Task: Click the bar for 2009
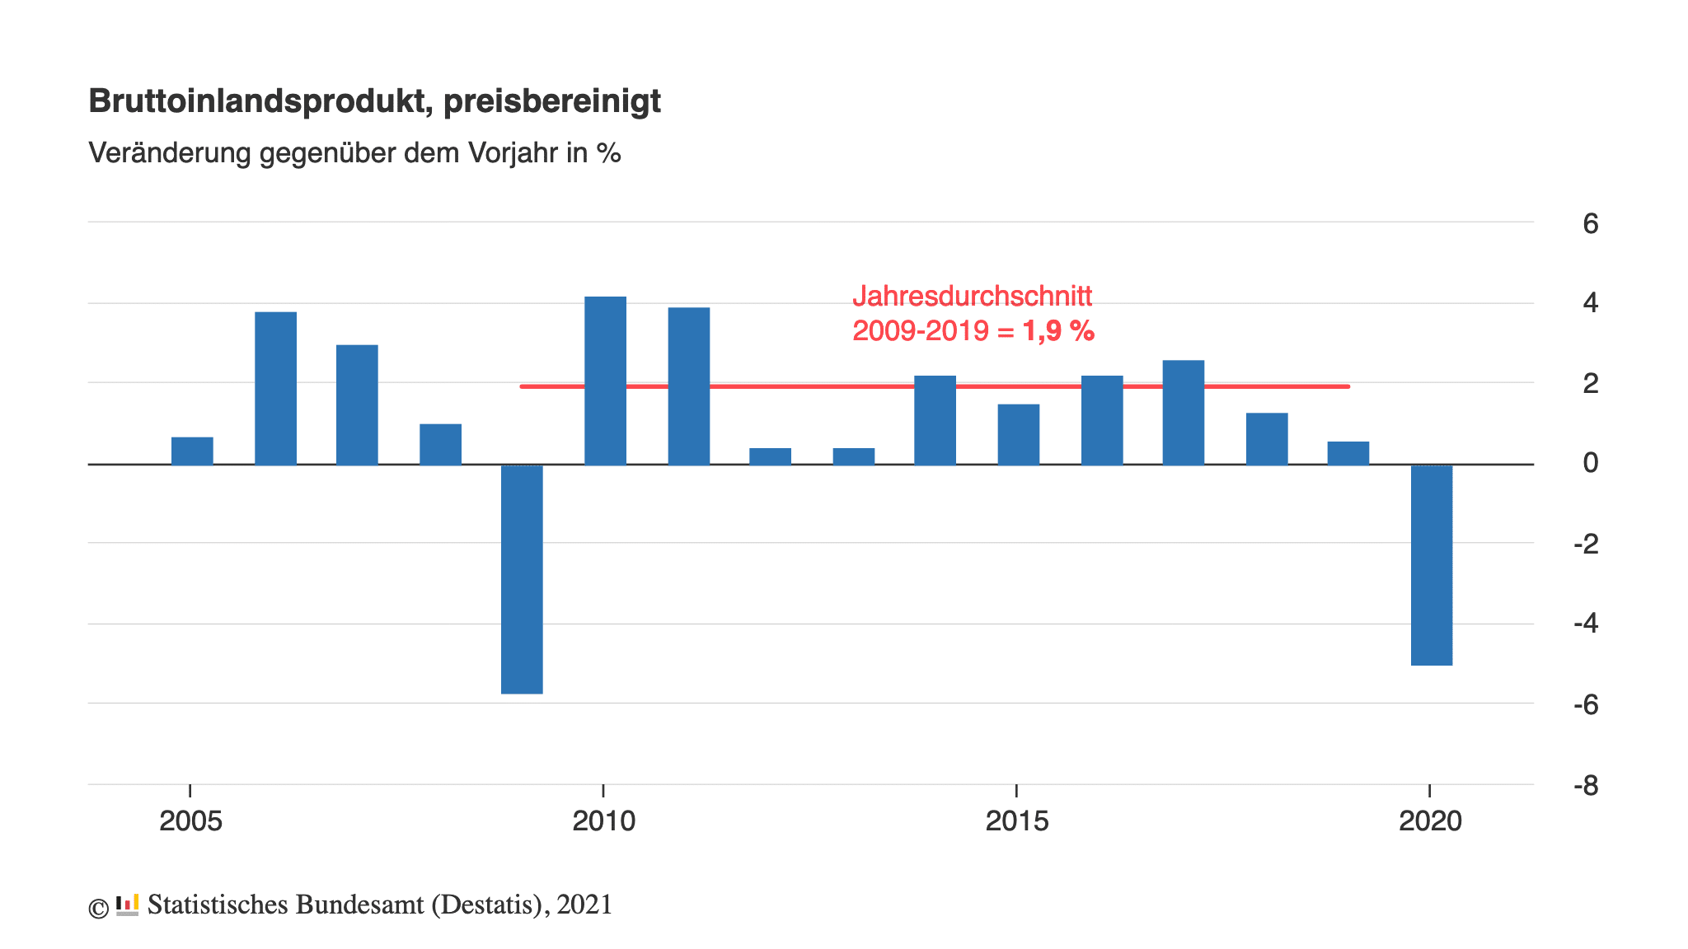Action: pyautogui.click(x=522, y=579)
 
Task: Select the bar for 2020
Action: pyautogui.click(x=1432, y=565)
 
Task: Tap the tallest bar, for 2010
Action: pyautogui.click(x=605, y=381)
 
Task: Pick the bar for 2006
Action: pyautogui.click(x=275, y=388)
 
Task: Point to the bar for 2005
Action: pyautogui.click(x=192, y=451)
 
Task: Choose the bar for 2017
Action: pyautogui.click(x=1183, y=413)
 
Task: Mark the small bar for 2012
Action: pyautogui.click(x=770, y=456)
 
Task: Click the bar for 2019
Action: pyautogui.click(x=1348, y=453)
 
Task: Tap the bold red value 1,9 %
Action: pyautogui.click(x=1058, y=331)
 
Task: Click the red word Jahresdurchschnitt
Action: pyautogui.click(x=973, y=296)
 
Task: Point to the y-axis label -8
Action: pyautogui.click(x=1585, y=787)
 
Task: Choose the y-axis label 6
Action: pyautogui.click(x=1590, y=223)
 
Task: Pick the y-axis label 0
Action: pyautogui.click(x=1590, y=464)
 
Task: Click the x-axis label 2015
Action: pyautogui.click(x=1017, y=821)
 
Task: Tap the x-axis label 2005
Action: pyautogui.click(x=190, y=821)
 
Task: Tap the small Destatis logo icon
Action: pyautogui.click(x=127, y=905)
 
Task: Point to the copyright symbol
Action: pyautogui.click(x=98, y=909)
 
